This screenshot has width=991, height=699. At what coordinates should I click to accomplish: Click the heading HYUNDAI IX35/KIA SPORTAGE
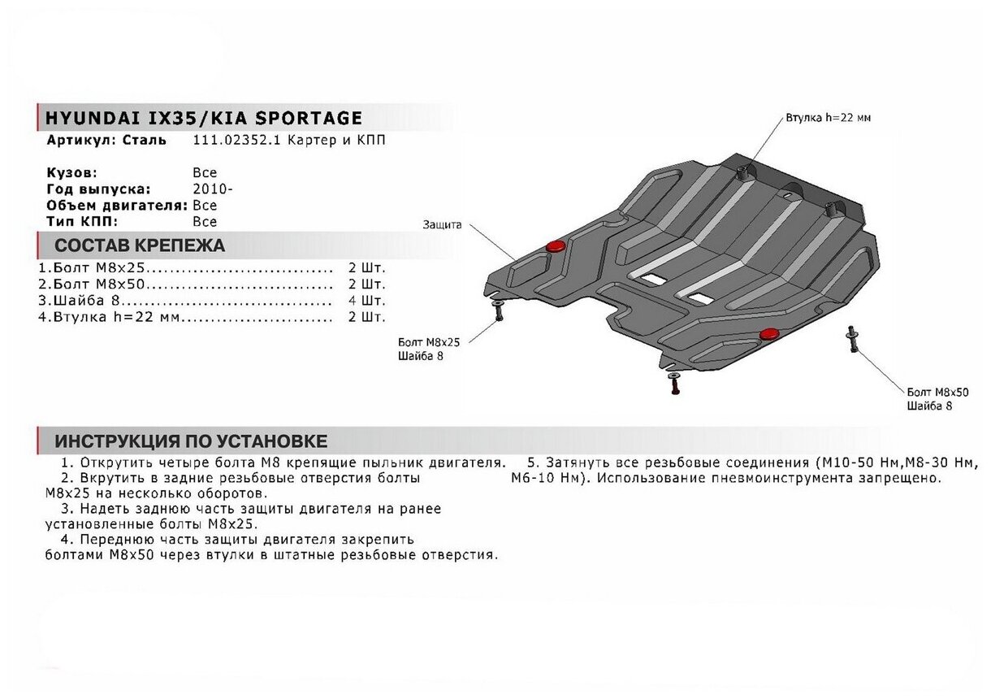(x=204, y=118)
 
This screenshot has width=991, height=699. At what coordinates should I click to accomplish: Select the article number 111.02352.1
(x=236, y=141)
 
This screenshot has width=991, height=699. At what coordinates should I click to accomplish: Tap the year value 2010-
(x=213, y=189)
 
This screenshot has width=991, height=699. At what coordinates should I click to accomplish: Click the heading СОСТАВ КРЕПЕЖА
(x=140, y=245)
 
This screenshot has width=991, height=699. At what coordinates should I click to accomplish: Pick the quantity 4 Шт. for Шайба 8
(x=367, y=301)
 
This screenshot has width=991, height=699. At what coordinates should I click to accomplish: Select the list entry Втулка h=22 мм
(x=109, y=317)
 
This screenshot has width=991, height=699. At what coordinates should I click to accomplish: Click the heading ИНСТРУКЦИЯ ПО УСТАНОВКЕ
(x=191, y=441)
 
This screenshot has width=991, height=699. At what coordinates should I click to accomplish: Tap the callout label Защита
(x=442, y=225)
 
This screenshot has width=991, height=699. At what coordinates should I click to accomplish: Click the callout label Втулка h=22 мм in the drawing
(x=829, y=118)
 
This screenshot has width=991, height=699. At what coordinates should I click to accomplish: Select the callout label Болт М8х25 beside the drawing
(x=429, y=342)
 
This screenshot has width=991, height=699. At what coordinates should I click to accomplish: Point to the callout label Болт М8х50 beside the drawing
(x=937, y=393)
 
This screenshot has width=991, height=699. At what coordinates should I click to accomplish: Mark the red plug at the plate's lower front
(x=770, y=334)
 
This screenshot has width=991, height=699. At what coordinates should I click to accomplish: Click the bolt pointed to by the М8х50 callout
(x=851, y=339)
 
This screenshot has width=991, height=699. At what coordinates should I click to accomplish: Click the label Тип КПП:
(x=82, y=222)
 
